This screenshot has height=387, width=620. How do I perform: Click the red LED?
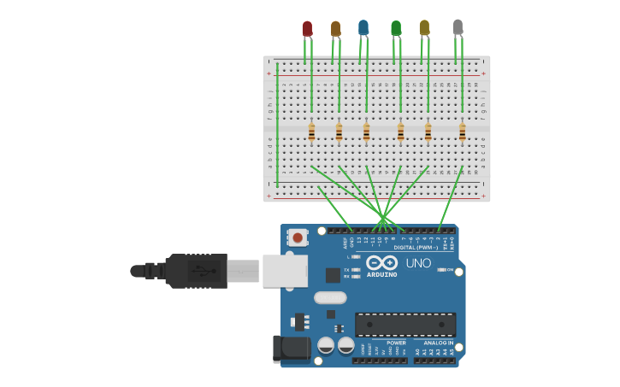click(x=307, y=29)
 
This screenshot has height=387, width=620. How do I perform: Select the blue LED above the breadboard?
click(x=363, y=28)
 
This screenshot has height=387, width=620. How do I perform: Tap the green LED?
click(x=396, y=28)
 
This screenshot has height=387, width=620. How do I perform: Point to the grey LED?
click(x=458, y=27)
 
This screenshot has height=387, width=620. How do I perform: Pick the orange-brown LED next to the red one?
click(x=335, y=29)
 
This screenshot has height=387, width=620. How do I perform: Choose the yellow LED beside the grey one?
click(x=424, y=28)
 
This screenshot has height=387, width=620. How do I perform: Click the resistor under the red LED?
click(x=311, y=132)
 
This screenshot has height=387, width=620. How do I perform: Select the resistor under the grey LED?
click(x=463, y=132)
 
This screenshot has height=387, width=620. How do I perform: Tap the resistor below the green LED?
click(x=400, y=132)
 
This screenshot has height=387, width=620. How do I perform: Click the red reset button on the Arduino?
click(x=298, y=237)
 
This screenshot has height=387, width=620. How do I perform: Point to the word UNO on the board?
click(x=418, y=263)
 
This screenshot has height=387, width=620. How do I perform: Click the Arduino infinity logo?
click(x=382, y=262)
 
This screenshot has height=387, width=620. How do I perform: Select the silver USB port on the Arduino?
click(x=285, y=271)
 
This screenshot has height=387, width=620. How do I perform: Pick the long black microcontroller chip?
click(x=405, y=325)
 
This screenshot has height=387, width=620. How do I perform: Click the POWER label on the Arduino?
click(x=396, y=343)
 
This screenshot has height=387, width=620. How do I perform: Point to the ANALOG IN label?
click(x=439, y=343)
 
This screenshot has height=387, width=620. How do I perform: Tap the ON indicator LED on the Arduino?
click(x=440, y=269)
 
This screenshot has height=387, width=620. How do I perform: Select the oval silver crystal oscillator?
click(x=330, y=298)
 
